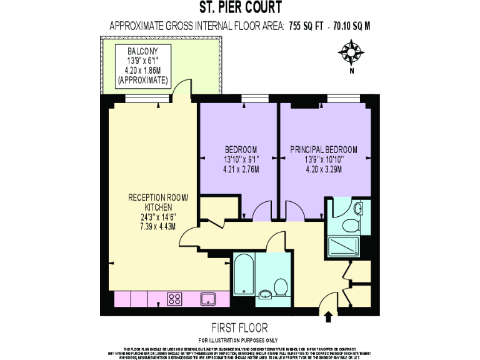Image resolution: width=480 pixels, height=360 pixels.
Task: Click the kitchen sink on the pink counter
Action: coord(207,299)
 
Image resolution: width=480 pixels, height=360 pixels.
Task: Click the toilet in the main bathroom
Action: coord(281,287)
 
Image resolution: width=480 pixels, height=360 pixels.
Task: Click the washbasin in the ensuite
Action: coord(357,207)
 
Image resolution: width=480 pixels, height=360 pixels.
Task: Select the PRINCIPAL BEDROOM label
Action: coord(324,149)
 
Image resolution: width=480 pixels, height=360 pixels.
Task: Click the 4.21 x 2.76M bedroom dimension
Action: coord(241,169)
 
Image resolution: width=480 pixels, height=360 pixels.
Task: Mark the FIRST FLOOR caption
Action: coord(240,327)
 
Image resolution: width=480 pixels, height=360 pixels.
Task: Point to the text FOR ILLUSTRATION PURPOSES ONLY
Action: coord(240,339)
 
